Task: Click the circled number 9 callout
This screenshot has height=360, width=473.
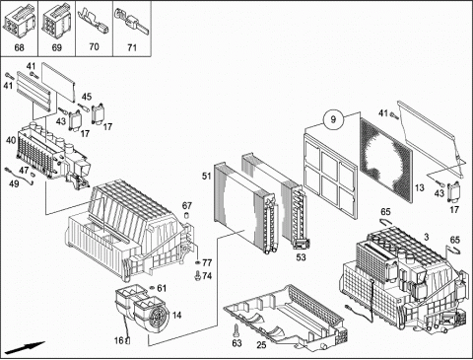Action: tap(333, 119)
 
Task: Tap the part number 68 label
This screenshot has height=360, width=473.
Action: tap(19, 47)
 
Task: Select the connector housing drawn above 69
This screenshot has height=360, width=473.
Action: tap(56, 20)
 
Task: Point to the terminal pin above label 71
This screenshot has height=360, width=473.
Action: tap(131, 21)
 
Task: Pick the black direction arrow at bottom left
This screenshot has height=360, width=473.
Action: tap(25, 348)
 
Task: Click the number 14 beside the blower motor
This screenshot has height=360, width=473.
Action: tap(176, 316)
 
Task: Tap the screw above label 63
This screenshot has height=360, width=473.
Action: tap(236, 330)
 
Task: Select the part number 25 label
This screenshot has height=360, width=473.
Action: tap(261, 345)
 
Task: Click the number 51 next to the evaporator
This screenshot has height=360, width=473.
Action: tap(206, 177)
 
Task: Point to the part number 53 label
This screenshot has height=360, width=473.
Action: tap(301, 257)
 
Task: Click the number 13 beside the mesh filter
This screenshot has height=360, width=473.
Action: tap(420, 188)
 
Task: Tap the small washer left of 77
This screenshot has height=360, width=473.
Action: tap(197, 262)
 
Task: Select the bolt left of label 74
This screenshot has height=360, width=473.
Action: tap(198, 275)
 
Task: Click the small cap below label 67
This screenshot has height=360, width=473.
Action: tap(186, 216)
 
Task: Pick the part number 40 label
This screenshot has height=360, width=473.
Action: tap(11, 140)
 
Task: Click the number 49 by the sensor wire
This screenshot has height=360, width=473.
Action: tap(14, 183)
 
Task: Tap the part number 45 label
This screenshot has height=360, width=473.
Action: tap(87, 97)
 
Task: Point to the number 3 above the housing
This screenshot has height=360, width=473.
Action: tap(427, 237)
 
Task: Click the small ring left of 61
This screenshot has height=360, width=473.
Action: tap(152, 288)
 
